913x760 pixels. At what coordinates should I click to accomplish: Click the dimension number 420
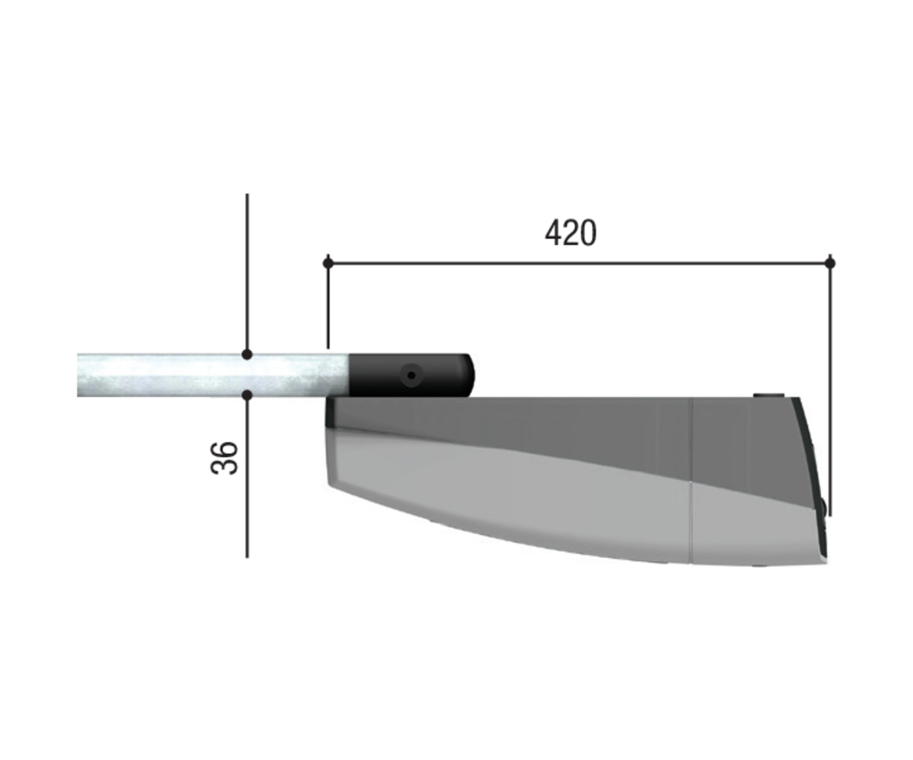click(570, 233)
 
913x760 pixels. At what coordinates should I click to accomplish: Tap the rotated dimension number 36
click(225, 458)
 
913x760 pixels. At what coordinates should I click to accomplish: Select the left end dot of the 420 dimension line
click(328, 263)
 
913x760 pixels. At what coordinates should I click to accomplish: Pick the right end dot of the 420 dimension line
click(830, 263)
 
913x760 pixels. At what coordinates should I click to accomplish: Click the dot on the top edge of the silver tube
click(247, 354)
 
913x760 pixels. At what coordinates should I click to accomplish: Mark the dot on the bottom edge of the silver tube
click(247, 396)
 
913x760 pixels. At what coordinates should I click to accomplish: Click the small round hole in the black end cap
click(411, 376)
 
